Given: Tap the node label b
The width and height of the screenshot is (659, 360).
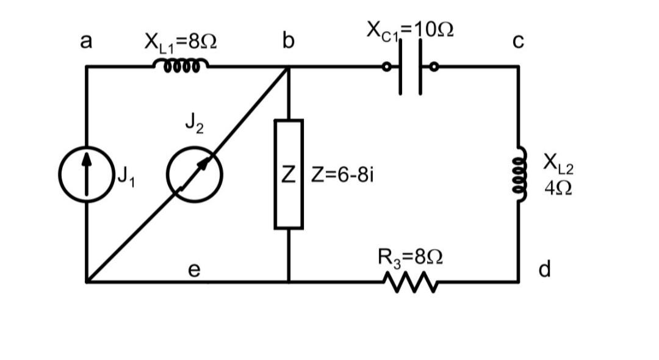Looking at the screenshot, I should (288, 41).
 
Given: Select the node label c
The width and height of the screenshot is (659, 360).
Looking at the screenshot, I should (518, 41).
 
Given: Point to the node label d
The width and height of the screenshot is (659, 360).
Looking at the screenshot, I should (545, 268).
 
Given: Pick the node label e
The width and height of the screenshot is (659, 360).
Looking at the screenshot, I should (193, 269).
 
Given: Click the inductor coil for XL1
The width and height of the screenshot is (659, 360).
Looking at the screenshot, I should (181, 65).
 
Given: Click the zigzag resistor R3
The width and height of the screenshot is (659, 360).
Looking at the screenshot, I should (409, 282).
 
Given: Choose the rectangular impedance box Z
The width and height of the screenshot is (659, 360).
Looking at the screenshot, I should (289, 175).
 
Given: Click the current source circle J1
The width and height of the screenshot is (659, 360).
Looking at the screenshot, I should (86, 175).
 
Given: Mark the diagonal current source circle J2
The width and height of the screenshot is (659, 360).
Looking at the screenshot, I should (195, 175).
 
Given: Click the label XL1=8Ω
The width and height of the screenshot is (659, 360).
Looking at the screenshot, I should (181, 42).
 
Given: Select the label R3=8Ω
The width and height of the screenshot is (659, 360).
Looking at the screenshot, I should (410, 257).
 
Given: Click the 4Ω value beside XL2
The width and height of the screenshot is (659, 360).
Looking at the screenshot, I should (558, 187).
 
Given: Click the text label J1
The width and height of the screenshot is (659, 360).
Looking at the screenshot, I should (124, 177).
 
